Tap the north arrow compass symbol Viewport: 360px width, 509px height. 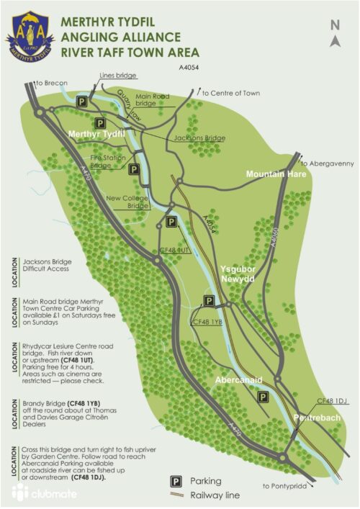pos(335,33)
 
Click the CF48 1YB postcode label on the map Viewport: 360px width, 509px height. pos(208,323)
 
